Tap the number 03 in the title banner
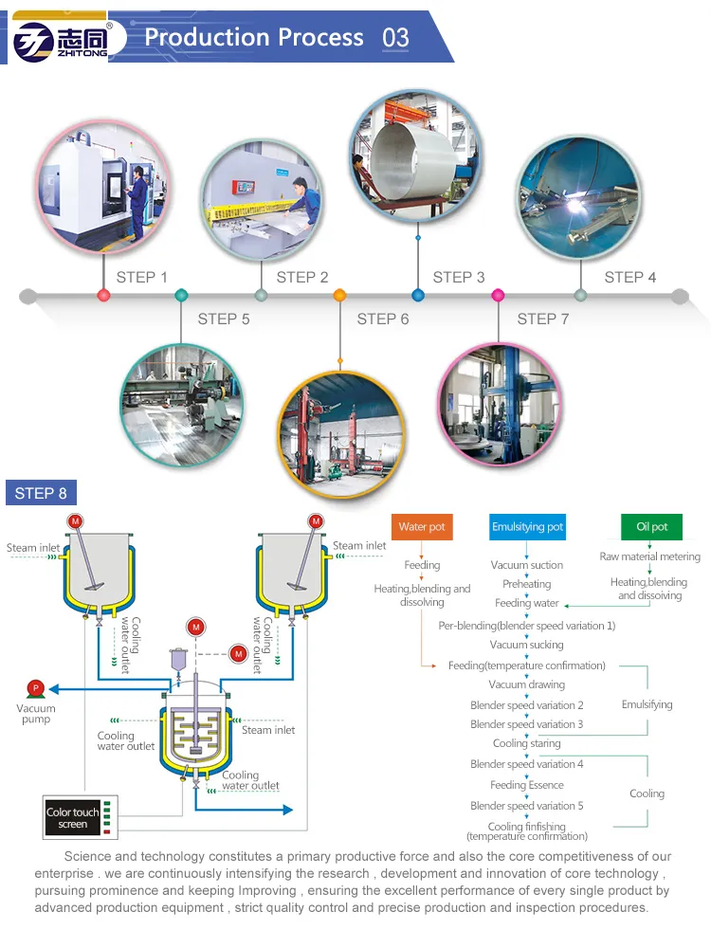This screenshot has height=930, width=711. (x=395, y=38)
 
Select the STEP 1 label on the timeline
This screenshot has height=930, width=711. (x=142, y=277)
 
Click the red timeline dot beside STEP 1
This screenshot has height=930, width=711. (x=104, y=296)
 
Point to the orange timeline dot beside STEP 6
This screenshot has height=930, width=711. (x=339, y=296)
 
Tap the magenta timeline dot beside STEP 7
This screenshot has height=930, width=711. (x=498, y=296)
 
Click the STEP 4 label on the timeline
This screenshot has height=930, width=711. (x=630, y=277)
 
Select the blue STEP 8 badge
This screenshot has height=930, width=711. (x=42, y=493)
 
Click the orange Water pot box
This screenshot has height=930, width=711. (x=422, y=527)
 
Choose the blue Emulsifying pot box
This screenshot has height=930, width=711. (x=528, y=527)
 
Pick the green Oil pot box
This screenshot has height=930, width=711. (x=652, y=527)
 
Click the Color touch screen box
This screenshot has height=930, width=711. (x=73, y=818)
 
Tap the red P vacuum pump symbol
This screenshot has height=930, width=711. (x=36, y=688)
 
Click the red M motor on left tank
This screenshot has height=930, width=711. (x=76, y=521)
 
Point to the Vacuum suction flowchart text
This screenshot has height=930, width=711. (x=527, y=565)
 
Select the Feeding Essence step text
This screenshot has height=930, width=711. (x=527, y=785)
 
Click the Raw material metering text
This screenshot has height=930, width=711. (x=650, y=556)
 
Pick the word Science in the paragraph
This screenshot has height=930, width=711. (x=88, y=856)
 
